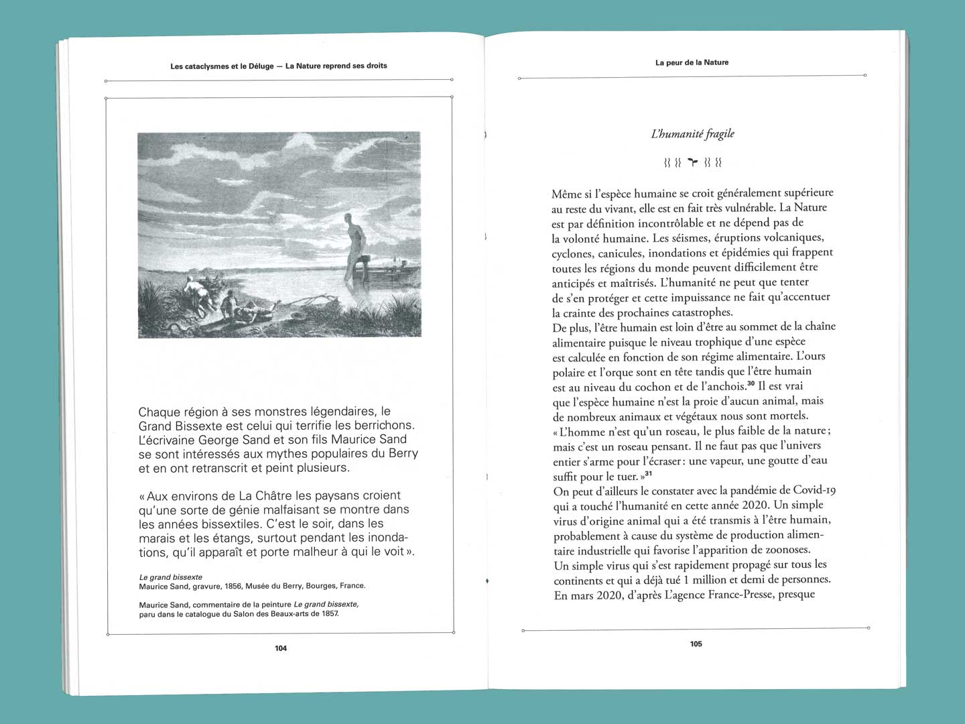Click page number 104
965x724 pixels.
coord(281,648)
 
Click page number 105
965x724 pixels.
coord(696,644)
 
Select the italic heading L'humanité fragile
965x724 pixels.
coord(692,134)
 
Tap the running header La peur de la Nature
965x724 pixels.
coord(692,62)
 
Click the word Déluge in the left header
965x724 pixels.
coord(260,66)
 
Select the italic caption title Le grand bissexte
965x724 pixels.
coord(170,577)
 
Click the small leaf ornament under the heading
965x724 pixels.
coord(693,162)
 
